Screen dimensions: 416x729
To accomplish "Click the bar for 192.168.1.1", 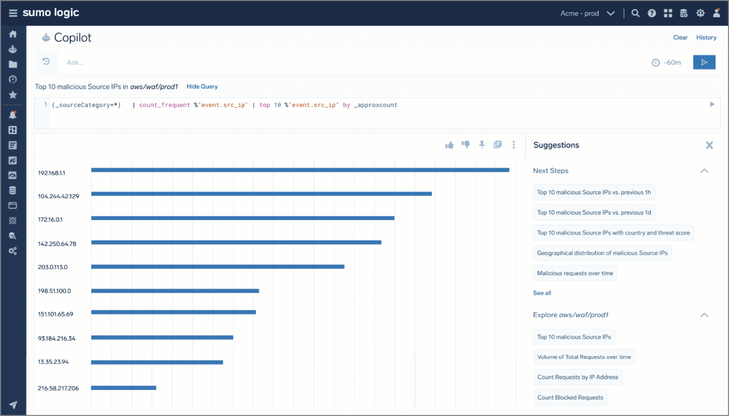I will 300,170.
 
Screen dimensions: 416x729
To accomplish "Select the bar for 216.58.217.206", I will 124,388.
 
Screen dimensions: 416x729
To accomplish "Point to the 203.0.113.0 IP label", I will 53,267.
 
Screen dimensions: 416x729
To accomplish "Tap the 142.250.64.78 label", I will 57,244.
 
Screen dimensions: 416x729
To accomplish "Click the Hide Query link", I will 202,87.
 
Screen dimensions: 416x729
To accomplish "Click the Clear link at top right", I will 680,37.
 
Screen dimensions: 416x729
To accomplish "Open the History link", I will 706,37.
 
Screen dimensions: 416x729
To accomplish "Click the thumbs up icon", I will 449,145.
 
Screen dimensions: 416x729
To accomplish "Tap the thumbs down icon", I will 466,145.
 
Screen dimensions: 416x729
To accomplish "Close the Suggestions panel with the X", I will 709,145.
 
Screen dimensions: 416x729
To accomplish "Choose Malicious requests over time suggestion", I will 575,273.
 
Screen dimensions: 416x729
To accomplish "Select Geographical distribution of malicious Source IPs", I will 602,253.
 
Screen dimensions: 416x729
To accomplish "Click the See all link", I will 542,293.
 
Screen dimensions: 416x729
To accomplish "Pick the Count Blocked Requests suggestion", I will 570,397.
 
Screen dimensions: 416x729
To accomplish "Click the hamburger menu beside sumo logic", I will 13,13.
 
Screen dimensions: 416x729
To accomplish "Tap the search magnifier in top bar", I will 635,13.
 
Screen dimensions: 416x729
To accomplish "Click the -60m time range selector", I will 667,63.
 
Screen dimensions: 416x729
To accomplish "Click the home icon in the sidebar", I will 13,34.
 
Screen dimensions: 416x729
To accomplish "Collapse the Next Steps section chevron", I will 704,171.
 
